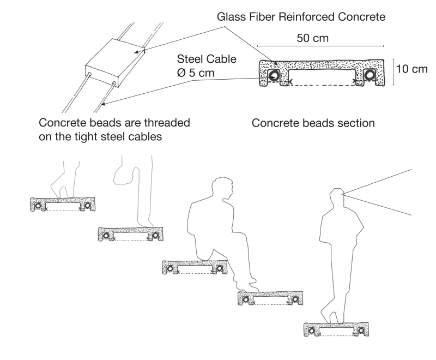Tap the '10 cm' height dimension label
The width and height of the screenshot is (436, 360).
(x=412, y=69)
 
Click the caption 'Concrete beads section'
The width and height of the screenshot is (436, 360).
(x=313, y=123)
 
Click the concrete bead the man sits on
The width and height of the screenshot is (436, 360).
(x=195, y=267)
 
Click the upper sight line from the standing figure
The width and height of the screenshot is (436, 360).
(x=381, y=179)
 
